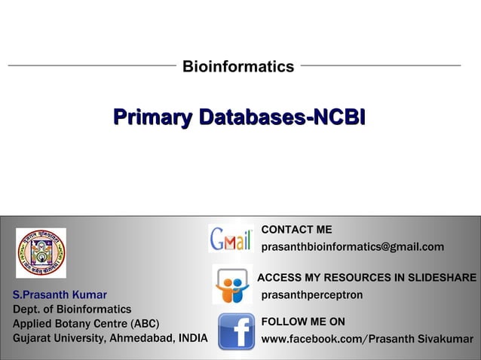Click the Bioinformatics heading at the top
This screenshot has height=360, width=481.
point(238,67)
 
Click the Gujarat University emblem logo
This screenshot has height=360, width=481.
point(41,253)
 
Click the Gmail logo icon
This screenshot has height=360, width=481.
point(231,239)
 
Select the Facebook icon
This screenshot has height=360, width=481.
point(236,332)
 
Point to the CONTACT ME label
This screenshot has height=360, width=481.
point(296,230)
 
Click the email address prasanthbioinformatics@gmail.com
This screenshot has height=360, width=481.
point(352,247)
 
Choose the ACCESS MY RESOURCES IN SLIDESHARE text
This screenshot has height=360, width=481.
point(366,278)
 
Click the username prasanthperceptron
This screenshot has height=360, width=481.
point(311,294)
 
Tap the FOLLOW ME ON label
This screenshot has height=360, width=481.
point(303,322)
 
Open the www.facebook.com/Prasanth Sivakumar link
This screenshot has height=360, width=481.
point(367,339)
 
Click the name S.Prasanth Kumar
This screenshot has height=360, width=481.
point(60,294)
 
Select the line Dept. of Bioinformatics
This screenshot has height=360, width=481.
point(72,309)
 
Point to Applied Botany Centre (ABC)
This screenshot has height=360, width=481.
point(86,323)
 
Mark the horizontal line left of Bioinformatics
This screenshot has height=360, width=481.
point(91,66)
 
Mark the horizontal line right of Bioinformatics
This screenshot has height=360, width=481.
point(380,66)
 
